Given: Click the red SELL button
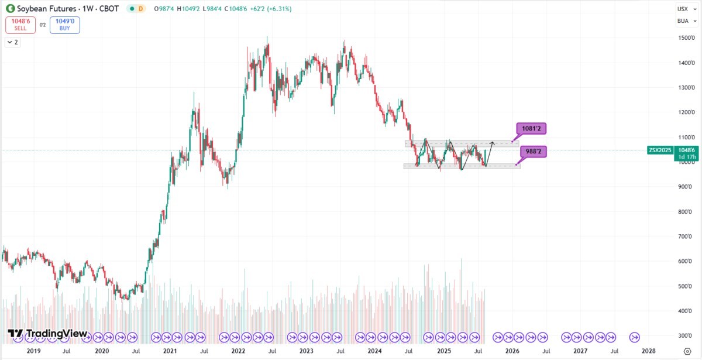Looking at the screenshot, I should point(20,25).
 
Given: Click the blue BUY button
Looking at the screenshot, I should point(64,25).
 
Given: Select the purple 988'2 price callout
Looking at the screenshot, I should point(532,152).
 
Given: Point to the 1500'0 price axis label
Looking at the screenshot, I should point(686,38).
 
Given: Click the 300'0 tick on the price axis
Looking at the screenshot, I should point(686,336).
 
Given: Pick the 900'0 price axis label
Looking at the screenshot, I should point(686,187).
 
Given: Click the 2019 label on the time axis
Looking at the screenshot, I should point(33,351).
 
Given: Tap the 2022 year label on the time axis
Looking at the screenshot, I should point(238,351).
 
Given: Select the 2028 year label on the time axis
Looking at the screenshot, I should point(648,351).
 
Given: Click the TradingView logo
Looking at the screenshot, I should point(48,334).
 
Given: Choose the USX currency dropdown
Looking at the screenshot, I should point(683,9).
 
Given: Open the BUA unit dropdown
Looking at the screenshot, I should point(683,21).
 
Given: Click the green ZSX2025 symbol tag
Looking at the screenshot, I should point(660,150).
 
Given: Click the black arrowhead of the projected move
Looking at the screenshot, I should point(493,143).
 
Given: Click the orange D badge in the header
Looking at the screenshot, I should point(140,9).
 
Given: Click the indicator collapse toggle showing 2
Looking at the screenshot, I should point(12,42).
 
